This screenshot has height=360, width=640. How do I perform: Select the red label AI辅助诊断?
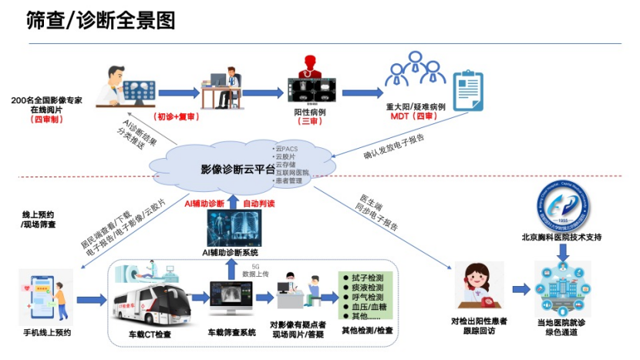pyautogui.click(x=204, y=203)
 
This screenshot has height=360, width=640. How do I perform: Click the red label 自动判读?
pyautogui.click(x=260, y=203)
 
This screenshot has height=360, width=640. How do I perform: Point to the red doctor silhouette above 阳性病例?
pyautogui.click(x=312, y=66)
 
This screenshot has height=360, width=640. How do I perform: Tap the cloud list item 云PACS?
pyautogui.click(x=287, y=148)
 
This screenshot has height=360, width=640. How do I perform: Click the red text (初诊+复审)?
pyautogui.click(x=179, y=116)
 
